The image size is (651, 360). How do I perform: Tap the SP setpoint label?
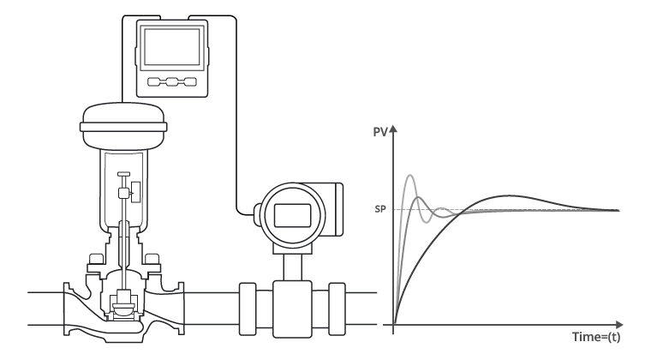tap(380, 209)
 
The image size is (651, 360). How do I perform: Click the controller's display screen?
tap(171, 47)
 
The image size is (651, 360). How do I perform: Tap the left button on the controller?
tap(155, 83)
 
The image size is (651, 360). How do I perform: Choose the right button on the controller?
tap(188, 83)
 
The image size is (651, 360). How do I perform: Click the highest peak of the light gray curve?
tap(410, 176)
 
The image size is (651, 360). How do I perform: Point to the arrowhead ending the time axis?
tap(624, 325)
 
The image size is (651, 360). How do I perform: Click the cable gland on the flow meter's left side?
tap(254, 209)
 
